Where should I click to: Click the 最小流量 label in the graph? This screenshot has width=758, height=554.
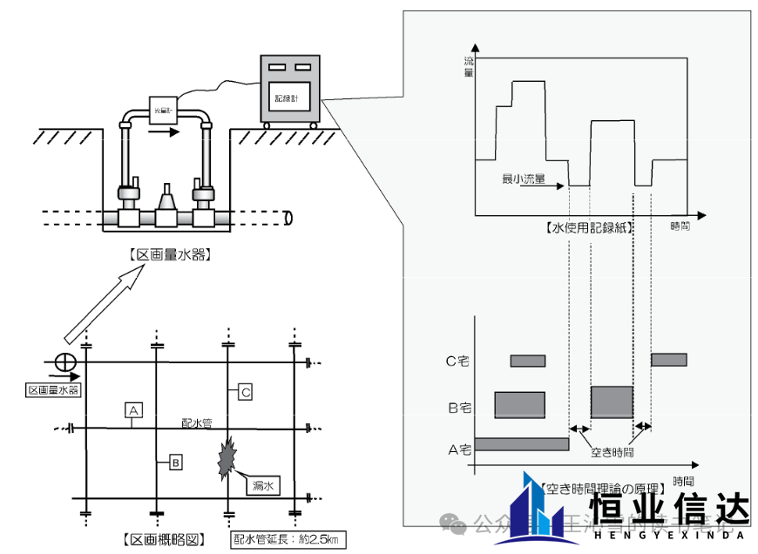coord(524,179)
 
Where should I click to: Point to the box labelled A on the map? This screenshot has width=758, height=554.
coord(132,409)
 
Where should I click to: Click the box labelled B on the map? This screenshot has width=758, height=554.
coord(175,462)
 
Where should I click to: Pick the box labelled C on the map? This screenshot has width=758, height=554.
coord(246,393)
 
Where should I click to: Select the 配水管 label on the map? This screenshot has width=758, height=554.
coord(199,422)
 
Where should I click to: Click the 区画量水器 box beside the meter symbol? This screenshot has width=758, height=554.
coord(53,389)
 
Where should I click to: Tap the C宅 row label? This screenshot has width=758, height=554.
coord(458,361)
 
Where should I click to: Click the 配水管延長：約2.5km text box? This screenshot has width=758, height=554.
coord(288,539)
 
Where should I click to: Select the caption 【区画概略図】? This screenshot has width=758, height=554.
coord(162,539)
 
